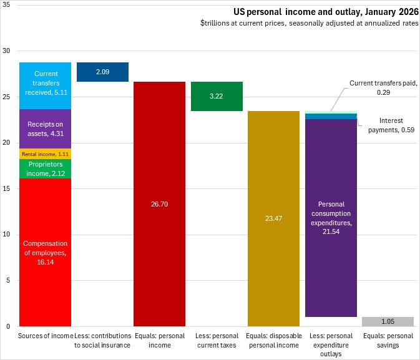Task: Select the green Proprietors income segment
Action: coord(45,168)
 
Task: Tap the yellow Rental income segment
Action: coord(45,153)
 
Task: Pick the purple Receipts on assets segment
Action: coord(45,129)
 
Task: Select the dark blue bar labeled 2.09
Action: coord(102,72)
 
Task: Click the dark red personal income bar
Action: coord(159,203)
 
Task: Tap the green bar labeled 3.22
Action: coord(216,97)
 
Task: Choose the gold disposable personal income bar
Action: coord(273,218)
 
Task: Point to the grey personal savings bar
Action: coord(388,321)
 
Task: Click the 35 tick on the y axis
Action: coord(8,6)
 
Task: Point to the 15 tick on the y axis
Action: coord(8,188)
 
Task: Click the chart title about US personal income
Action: coord(326,11)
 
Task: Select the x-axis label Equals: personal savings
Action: coord(388,340)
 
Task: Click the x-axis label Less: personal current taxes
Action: coord(216,340)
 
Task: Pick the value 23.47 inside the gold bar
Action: coord(273,219)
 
